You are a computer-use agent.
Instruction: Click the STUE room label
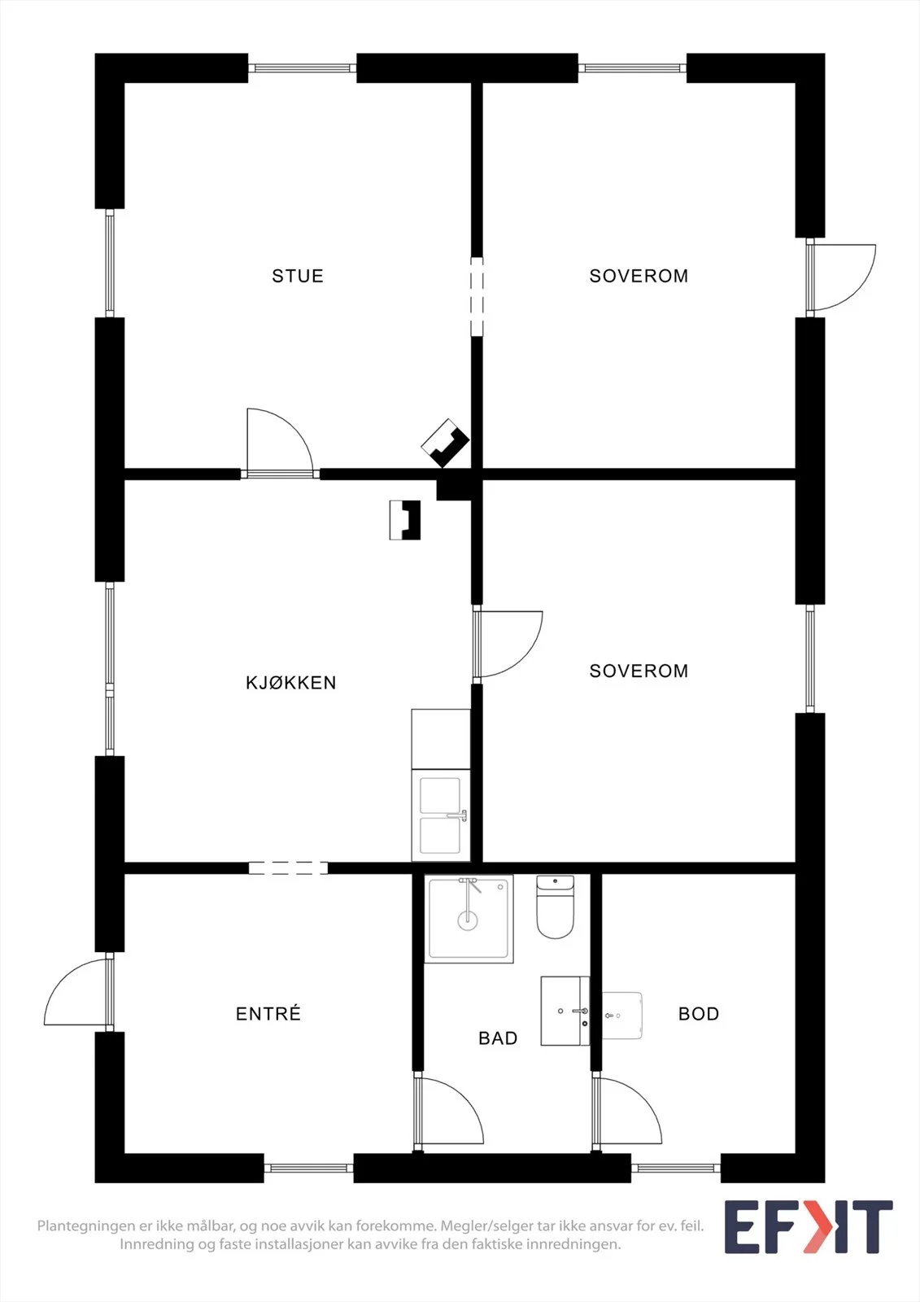(297, 276)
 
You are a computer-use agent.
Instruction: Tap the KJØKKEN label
(290, 683)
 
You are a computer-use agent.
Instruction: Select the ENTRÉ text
(268, 1014)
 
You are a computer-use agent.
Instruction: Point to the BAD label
(498, 1038)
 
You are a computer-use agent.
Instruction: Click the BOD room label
(699, 1014)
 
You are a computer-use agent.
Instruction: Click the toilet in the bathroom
(555, 907)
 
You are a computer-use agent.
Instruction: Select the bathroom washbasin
(565, 1011)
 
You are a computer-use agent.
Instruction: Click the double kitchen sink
(441, 815)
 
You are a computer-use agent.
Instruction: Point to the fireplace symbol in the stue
(445, 443)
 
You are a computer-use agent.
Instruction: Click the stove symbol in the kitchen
(404, 520)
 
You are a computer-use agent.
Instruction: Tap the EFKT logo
(808, 1227)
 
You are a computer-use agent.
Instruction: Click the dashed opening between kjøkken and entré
(288, 868)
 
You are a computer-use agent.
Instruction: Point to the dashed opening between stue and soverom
(477, 297)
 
